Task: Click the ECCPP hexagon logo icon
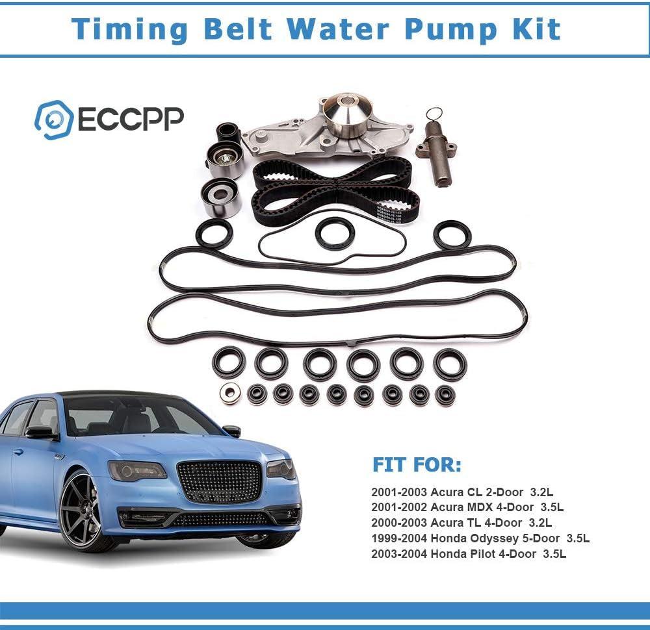tap(53, 120)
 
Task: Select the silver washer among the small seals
tap(229, 393)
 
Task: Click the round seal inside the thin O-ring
tap(335, 234)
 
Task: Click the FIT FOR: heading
tap(417, 466)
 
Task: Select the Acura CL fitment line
tap(461, 492)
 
